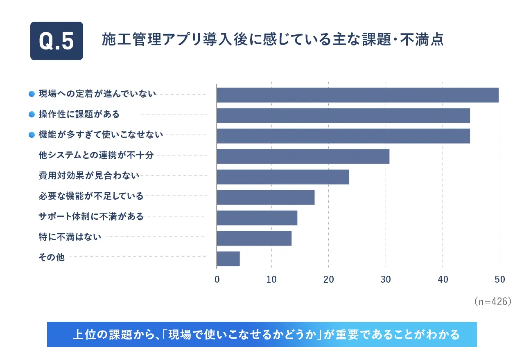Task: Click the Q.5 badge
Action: pyautogui.click(x=56, y=41)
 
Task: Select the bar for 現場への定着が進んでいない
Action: pyautogui.click(x=357, y=95)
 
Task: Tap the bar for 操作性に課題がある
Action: pyautogui.click(x=343, y=115)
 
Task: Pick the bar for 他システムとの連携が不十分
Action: pyautogui.click(x=303, y=156)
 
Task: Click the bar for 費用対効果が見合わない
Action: pyautogui.click(x=283, y=177)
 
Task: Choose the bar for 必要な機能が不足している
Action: pyautogui.click(x=266, y=197)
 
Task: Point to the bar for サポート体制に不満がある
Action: pyautogui.click(x=257, y=218)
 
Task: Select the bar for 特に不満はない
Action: pyautogui.click(x=254, y=238)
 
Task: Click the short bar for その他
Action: pyautogui.click(x=228, y=259)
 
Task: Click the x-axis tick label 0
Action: pyautogui.click(x=217, y=279)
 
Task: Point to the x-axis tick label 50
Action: pyautogui.click(x=499, y=279)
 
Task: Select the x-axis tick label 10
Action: pyautogui.click(x=271, y=279)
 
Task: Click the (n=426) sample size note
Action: pyautogui.click(x=492, y=301)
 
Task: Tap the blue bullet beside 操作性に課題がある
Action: pyautogui.click(x=31, y=115)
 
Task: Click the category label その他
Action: pyautogui.click(x=51, y=257)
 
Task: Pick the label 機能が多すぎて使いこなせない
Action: pyautogui.click(x=101, y=135)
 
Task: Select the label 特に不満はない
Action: pyautogui.click(x=70, y=237)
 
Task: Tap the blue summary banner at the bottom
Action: pyautogui.click(x=262, y=335)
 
